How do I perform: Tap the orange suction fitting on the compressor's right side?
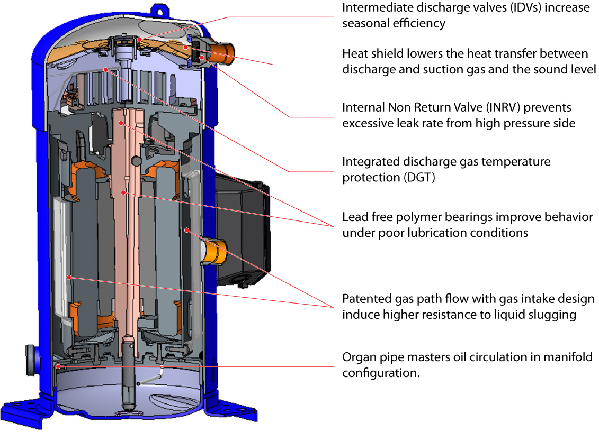coord(215,251)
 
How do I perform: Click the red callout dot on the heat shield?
coord(185,47)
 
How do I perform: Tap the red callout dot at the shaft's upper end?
coord(122,123)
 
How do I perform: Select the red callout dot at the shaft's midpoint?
coord(123,192)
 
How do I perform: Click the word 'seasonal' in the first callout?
coord(366,23)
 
